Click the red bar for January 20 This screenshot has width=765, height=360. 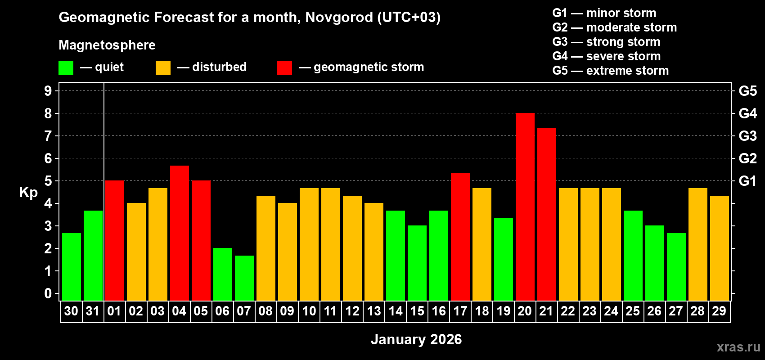525,207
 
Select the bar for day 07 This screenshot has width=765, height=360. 244,278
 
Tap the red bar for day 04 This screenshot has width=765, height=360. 180,233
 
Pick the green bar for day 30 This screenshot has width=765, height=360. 72,267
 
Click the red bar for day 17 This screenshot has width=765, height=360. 460,237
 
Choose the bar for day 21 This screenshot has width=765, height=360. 547,214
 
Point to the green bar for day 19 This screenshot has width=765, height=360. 504,259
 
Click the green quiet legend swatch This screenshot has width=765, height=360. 66,68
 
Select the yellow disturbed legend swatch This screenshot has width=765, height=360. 163,68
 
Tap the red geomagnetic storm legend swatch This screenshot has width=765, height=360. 284,68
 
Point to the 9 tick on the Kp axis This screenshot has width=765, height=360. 48,91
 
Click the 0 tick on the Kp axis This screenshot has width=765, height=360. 48,294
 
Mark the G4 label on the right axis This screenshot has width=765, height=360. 747,113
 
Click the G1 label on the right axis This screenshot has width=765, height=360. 747,181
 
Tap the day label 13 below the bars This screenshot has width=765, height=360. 374,311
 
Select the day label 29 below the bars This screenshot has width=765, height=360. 719,311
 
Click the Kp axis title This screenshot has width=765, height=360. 28,193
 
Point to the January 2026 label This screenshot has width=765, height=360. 416,339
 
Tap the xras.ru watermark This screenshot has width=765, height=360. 738,346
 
